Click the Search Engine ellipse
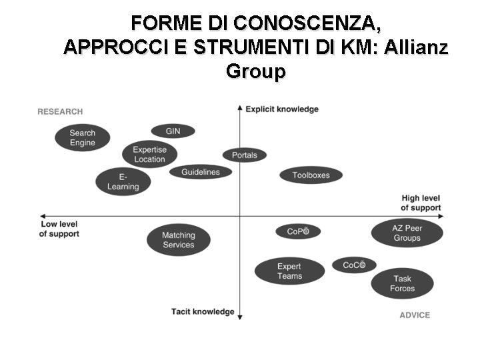coord(83,138)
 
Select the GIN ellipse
coord(173,131)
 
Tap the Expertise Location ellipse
coord(149,155)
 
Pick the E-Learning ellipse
coord(123,181)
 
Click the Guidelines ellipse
coord(200,172)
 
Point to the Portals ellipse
coord(244,155)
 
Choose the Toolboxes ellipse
coord(311,175)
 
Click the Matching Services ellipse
coord(178,240)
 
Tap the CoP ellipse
coord(298,231)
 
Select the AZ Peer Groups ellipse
coord(407,233)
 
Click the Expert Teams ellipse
coord(289,271)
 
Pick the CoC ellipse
coord(354,265)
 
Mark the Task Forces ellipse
coord(402,283)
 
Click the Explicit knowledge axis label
coord(282,109)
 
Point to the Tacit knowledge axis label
coord(203,311)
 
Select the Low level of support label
coord(59,229)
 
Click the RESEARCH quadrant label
coord(60,111)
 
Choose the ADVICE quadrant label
coord(415,315)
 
